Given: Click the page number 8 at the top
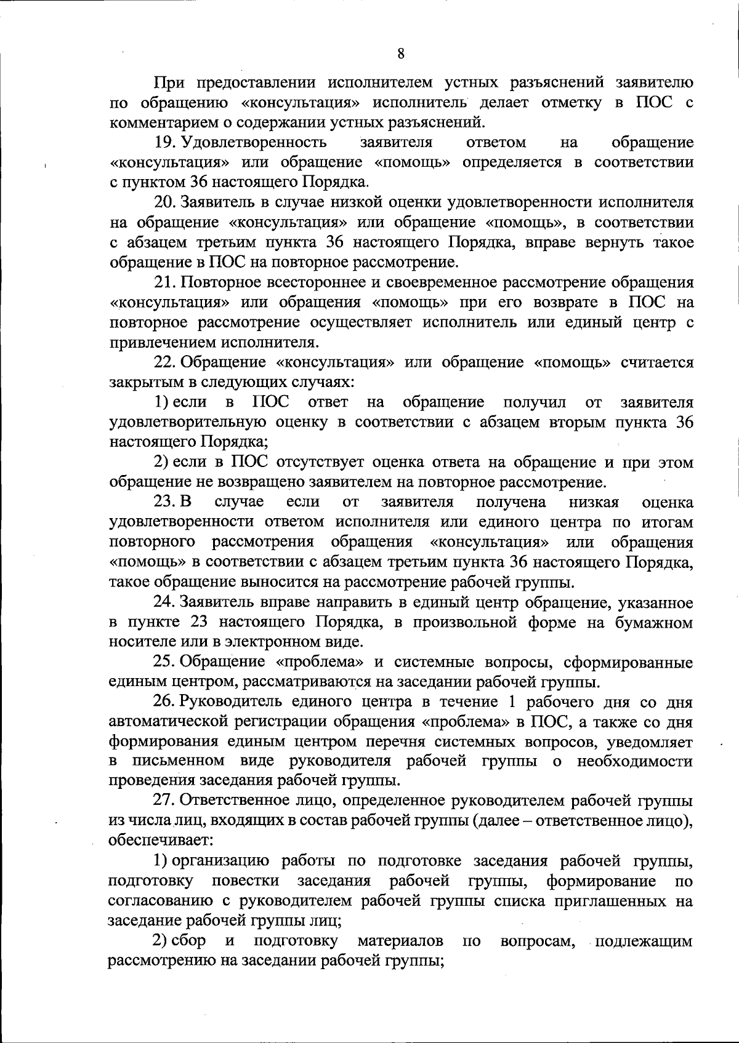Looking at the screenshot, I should pyautogui.click(x=401, y=54).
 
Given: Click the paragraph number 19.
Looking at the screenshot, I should pyautogui.click(x=165, y=143).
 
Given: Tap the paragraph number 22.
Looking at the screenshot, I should pyautogui.click(x=164, y=362).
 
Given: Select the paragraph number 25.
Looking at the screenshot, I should pyautogui.click(x=164, y=663).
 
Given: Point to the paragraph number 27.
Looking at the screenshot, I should pyautogui.click(x=164, y=801).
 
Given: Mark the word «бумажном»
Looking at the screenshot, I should pyautogui.click(x=654, y=623).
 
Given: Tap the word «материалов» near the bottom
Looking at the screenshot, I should pyautogui.click(x=400, y=941).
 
